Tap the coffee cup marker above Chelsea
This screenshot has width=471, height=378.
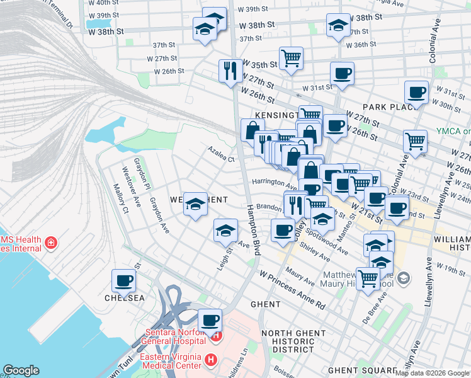point(123,280)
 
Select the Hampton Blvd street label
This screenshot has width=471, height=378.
point(253,230)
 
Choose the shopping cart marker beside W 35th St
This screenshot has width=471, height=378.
point(290,59)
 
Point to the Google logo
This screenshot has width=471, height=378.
point(21,370)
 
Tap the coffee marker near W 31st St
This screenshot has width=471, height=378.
point(342,73)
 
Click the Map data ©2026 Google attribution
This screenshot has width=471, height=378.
point(432,373)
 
